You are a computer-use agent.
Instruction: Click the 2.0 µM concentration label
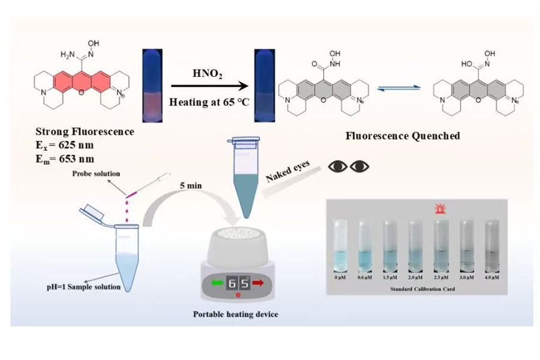click(x=416, y=277)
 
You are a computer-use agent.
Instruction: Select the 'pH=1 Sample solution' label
click(x=89, y=287)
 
